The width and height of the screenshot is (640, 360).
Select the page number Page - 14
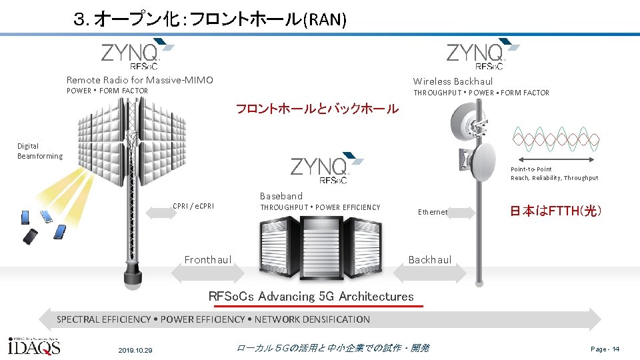605,349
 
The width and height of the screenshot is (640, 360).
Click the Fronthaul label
208,259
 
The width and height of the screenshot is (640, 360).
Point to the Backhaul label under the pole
430,259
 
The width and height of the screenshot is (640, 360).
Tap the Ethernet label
433,212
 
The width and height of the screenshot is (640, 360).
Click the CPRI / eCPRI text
193,206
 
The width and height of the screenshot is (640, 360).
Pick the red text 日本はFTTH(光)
556,211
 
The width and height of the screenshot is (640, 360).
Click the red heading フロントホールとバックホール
317,109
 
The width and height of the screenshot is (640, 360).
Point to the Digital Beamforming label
39,151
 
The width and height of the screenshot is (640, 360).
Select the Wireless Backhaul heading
453,81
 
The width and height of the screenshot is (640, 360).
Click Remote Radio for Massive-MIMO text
140,80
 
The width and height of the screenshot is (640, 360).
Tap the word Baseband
281,196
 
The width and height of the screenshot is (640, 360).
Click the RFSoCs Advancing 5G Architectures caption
311,297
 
